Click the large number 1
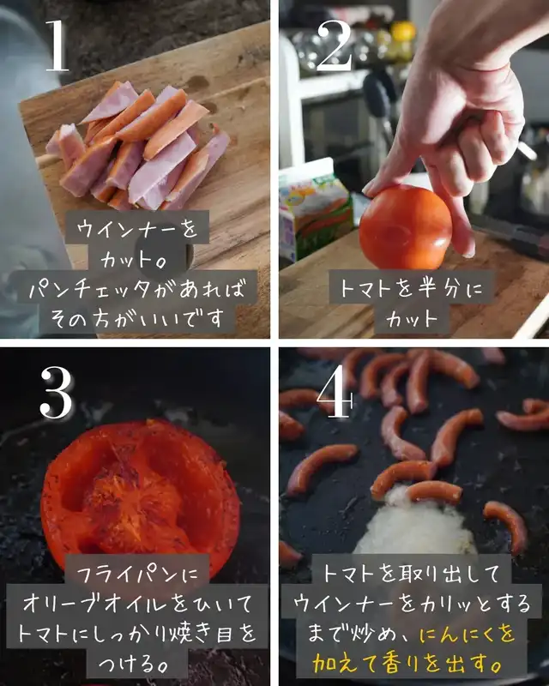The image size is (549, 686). (57, 45)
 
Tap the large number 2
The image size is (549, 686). (335, 45)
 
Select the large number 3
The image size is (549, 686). (57, 392)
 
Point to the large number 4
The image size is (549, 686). (335, 392)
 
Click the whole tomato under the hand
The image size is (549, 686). (405, 227)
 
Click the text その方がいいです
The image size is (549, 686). (137, 319)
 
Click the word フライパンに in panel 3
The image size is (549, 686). (137, 574)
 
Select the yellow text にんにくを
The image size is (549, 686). (468, 634)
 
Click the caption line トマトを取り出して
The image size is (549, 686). (411, 574)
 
